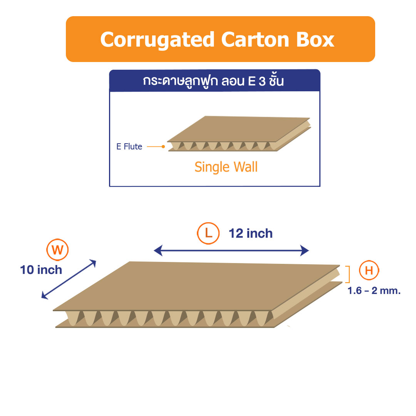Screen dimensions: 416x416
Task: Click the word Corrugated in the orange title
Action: (x=157, y=40)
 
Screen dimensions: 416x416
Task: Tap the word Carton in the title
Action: (x=255, y=40)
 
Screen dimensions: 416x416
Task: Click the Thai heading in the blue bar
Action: (x=213, y=81)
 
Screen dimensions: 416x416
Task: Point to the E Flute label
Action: (x=129, y=146)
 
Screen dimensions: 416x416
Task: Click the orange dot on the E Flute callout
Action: (x=163, y=146)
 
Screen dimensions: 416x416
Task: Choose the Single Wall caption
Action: (x=226, y=167)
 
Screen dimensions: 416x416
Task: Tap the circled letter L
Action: (x=208, y=233)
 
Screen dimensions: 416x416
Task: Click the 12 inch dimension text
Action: (x=251, y=233)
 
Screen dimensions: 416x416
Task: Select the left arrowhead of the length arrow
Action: (x=158, y=250)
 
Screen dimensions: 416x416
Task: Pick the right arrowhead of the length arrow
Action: (x=305, y=250)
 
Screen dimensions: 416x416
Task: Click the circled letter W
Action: (x=57, y=250)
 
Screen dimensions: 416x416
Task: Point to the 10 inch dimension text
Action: (x=41, y=270)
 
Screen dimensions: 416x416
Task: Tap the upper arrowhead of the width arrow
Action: (x=93, y=263)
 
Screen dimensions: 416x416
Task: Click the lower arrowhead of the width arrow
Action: (x=45, y=295)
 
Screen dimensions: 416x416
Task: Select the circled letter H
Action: (x=369, y=270)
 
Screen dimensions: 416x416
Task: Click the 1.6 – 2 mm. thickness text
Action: (x=374, y=291)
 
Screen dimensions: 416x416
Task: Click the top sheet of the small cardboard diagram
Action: (x=239, y=129)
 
